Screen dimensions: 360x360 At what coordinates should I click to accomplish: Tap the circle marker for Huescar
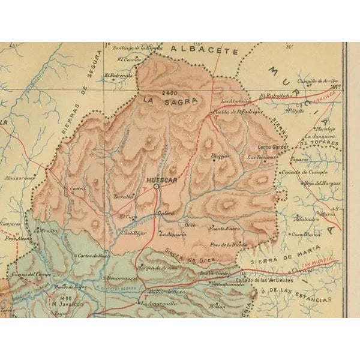tap(156, 187)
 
